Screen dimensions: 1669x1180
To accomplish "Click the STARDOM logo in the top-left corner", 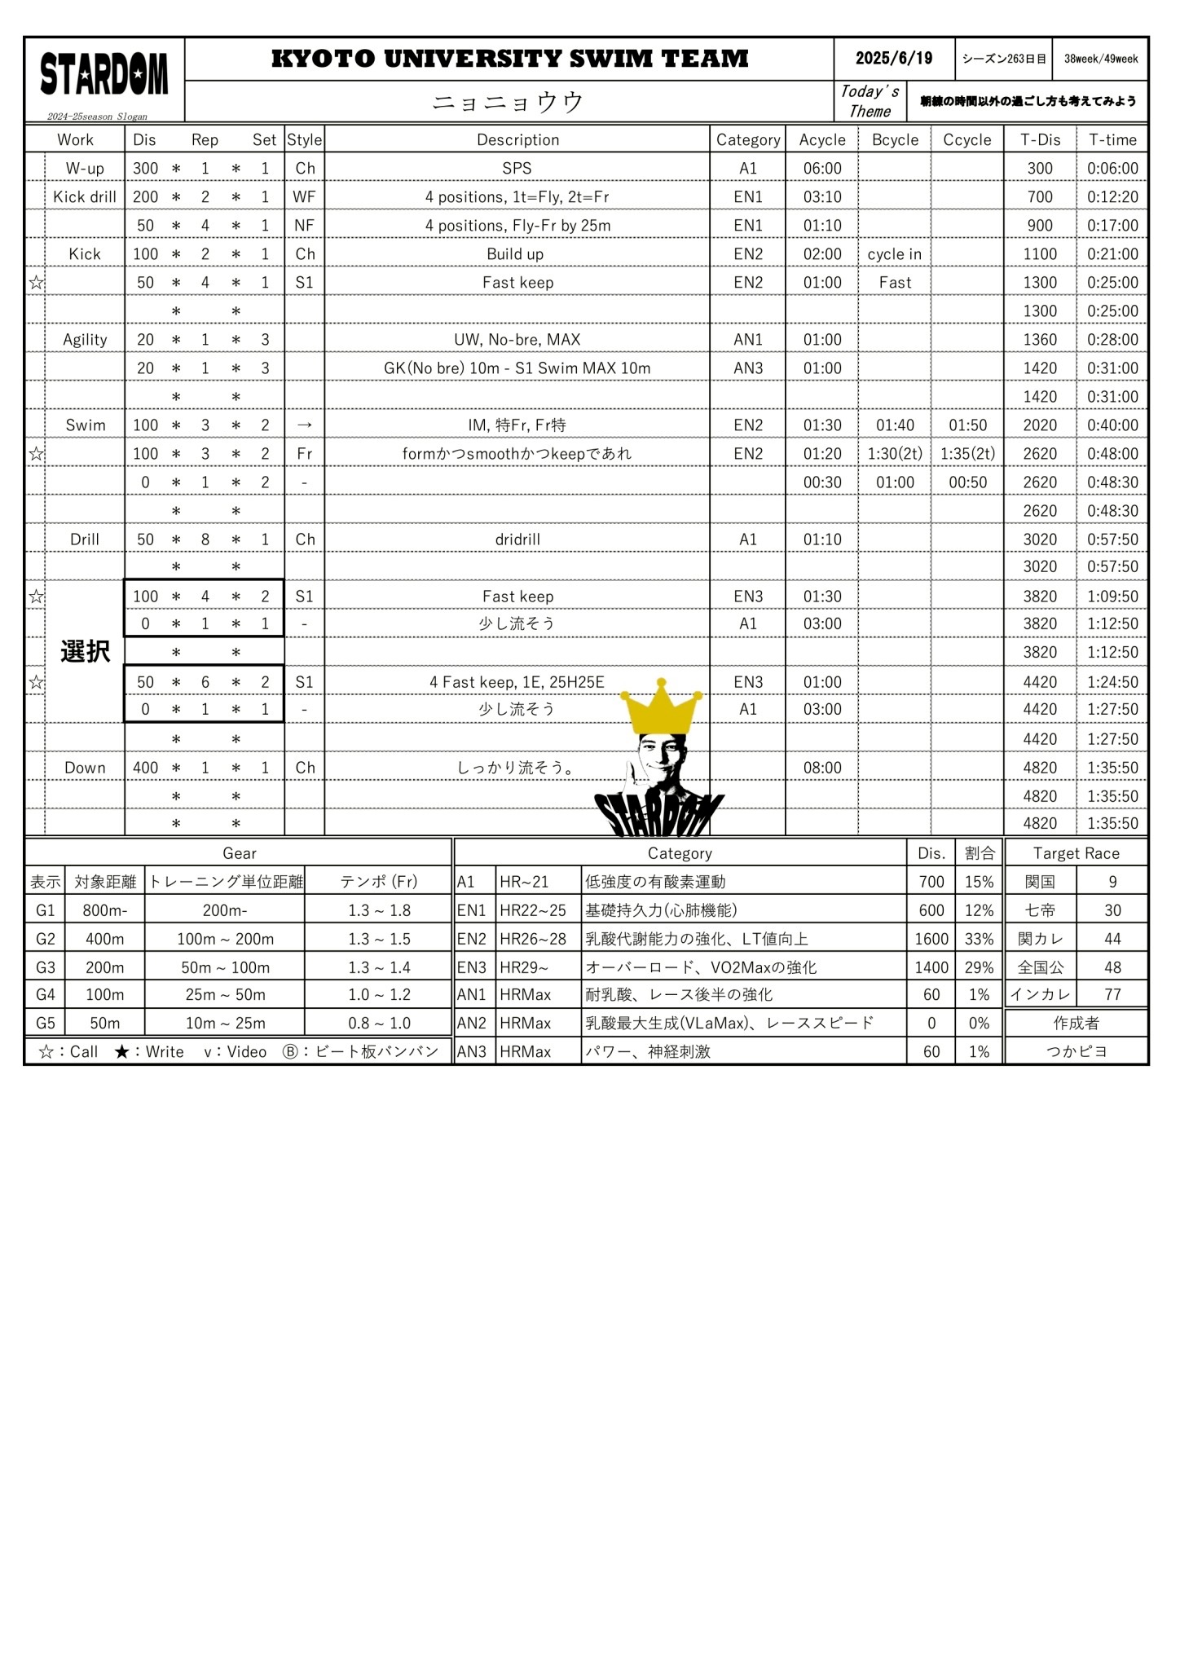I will pyautogui.click(x=104, y=74).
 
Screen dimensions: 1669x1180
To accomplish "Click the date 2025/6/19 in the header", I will pyautogui.click(x=893, y=59).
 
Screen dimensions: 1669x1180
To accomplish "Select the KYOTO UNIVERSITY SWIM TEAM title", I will pyautogui.click(x=509, y=59).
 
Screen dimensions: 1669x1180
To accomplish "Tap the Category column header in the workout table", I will pyautogui.click(x=747, y=139).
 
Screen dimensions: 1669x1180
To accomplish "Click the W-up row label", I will pyautogui.click(x=85, y=169).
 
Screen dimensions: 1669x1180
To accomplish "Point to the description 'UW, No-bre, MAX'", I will pyautogui.click(x=517, y=340).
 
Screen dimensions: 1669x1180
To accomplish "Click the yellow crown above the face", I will pyautogui.click(x=661, y=707).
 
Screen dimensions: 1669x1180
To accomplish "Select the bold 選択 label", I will pyautogui.click(x=85, y=652).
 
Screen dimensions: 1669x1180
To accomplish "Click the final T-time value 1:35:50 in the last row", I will pyautogui.click(x=1112, y=823).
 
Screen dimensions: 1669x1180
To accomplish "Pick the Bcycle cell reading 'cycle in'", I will pyautogui.click(x=894, y=254).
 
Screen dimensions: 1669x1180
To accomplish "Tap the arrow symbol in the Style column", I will pyautogui.click(x=304, y=425).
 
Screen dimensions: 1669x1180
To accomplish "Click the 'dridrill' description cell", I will pyautogui.click(x=517, y=539).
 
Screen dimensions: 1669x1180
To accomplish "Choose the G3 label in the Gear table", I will pyautogui.click(x=46, y=967).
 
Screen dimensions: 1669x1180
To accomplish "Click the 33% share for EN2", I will pyautogui.click(x=979, y=939).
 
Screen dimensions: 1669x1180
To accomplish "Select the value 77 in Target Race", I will pyautogui.click(x=1112, y=994).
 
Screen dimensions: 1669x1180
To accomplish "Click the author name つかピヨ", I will pyautogui.click(x=1076, y=1051).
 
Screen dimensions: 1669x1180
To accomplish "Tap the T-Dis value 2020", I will pyautogui.click(x=1040, y=425).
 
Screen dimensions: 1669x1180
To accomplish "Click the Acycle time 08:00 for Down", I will pyautogui.click(x=821, y=768).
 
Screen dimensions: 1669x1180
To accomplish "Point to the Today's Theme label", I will pyautogui.click(x=870, y=102).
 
